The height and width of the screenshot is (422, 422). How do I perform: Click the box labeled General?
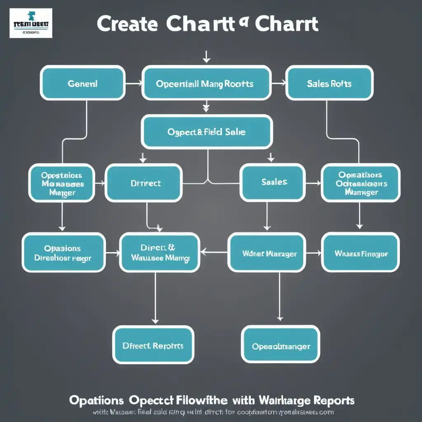click(82, 83)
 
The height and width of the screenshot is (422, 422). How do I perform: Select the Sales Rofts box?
click(329, 83)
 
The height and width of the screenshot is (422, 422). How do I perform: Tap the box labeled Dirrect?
click(143, 183)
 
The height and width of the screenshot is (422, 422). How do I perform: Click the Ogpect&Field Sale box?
click(206, 132)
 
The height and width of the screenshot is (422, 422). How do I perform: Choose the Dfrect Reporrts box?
click(153, 345)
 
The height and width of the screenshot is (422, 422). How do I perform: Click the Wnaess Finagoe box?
click(360, 253)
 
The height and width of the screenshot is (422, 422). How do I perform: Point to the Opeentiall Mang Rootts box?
click(206, 84)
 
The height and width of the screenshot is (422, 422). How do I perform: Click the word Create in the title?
click(127, 24)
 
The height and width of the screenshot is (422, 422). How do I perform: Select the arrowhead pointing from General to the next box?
click(139, 84)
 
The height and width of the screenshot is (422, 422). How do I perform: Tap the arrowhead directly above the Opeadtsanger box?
click(280, 318)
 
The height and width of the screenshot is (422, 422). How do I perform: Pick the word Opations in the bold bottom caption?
click(96, 400)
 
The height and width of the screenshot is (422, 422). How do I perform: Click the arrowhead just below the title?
click(206, 60)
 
